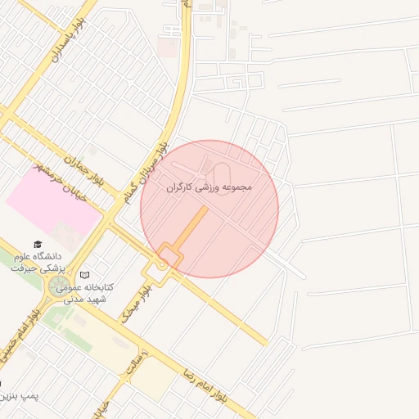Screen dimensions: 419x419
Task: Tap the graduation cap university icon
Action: click(37, 244)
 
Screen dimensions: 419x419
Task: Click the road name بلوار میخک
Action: click(137, 303)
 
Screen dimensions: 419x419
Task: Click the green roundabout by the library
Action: click(59, 286)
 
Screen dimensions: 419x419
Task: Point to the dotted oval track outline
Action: click(219, 174)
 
